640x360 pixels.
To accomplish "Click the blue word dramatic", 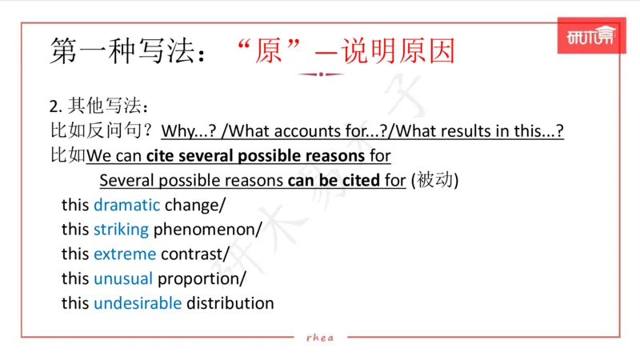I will coord(126,205).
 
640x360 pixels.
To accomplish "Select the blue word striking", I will coord(121,230).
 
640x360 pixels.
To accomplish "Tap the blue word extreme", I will coord(125,254).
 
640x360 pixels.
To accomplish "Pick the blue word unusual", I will coord(123,279).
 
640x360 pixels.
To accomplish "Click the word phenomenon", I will coord(206,230).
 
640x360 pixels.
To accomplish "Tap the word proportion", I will coord(201,279).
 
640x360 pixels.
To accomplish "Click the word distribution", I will coord(230,303).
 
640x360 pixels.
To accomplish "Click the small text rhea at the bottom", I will coord(320,337).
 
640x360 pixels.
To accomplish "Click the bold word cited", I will coord(360,180).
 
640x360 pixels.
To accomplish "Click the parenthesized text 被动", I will coord(434,180).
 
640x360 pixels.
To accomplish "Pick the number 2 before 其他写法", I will coord(54,106).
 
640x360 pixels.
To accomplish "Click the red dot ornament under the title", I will coord(320,74).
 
